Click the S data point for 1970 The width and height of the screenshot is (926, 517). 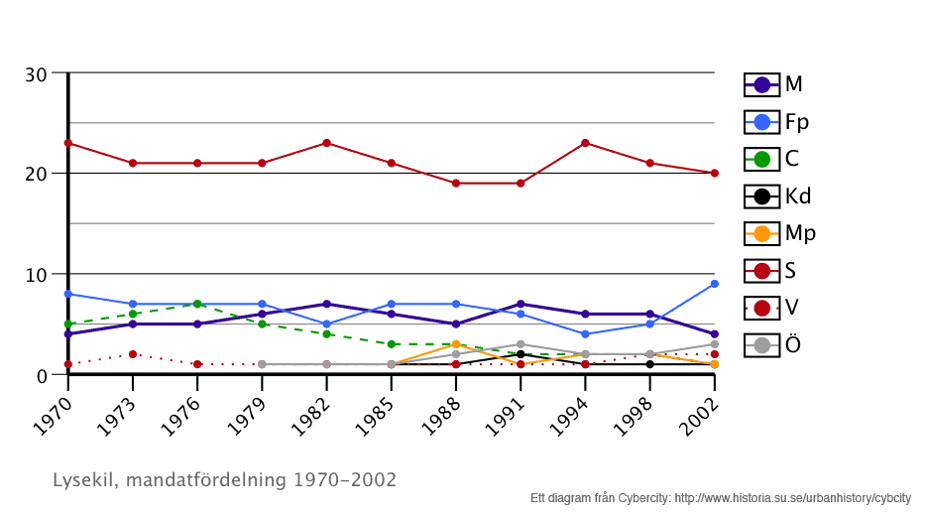click(67, 143)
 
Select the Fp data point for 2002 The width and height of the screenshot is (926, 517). click(714, 284)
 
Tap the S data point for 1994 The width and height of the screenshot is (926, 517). click(585, 143)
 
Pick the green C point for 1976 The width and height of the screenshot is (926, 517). click(197, 304)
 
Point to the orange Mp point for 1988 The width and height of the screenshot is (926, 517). click(456, 344)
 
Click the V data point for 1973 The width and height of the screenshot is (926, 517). click(133, 354)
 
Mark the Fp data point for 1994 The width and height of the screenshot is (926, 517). click(585, 334)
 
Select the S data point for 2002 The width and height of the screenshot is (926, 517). click(714, 173)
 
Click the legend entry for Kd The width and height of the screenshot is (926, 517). click(779, 196)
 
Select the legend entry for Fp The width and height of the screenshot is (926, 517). click(777, 122)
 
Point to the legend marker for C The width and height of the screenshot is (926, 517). click(762, 159)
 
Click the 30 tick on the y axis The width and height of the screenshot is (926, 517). click(37, 73)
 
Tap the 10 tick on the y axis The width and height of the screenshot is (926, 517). click(37, 274)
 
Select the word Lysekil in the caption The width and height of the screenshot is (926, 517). click(83, 480)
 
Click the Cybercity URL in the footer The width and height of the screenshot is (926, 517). click(793, 497)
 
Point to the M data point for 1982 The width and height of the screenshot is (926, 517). click(326, 304)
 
